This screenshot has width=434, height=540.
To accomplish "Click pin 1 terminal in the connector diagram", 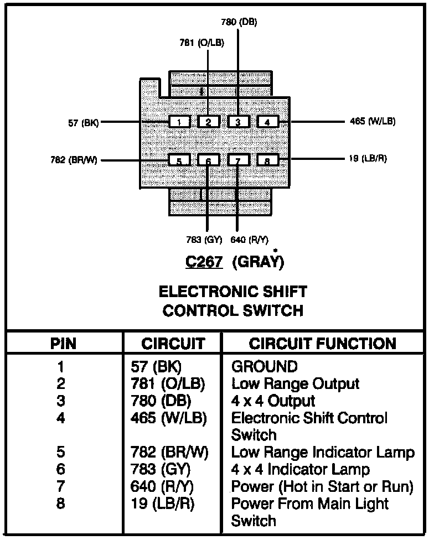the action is [x=179, y=122].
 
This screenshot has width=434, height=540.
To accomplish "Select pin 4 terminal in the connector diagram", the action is [x=267, y=122].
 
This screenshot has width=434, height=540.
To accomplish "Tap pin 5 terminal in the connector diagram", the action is [x=179, y=160].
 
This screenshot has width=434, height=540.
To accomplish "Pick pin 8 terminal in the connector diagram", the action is [x=267, y=160].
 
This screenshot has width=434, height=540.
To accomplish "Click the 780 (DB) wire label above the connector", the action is [x=239, y=22].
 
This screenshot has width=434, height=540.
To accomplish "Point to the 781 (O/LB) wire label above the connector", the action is [x=201, y=43].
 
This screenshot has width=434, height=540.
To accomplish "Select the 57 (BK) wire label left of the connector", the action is [x=84, y=123].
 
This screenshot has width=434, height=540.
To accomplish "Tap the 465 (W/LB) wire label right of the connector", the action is [x=373, y=121].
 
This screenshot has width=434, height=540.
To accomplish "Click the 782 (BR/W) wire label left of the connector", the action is [x=74, y=160].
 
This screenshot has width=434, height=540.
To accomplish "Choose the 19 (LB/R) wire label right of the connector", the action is [x=368, y=158].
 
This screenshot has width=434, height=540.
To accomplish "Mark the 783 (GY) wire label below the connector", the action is [x=204, y=240].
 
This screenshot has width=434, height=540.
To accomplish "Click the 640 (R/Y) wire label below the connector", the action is [x=249, y=240].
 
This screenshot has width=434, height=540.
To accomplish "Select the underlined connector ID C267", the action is [x=204, y=262].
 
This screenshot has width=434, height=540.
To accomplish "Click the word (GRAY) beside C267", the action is [x=259, y=262].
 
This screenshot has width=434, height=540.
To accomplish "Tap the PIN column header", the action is [x=63, y=344].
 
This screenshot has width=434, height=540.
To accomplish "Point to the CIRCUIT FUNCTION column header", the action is [x=322, y=344].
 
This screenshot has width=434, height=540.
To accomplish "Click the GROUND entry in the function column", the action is [x=264, y=366].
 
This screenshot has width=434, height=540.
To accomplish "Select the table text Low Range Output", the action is [x=295, y=383].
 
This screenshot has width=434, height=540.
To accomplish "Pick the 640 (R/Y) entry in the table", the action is [x=162, y=487].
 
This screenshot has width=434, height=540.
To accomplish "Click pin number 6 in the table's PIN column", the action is [x=61, y=469].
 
